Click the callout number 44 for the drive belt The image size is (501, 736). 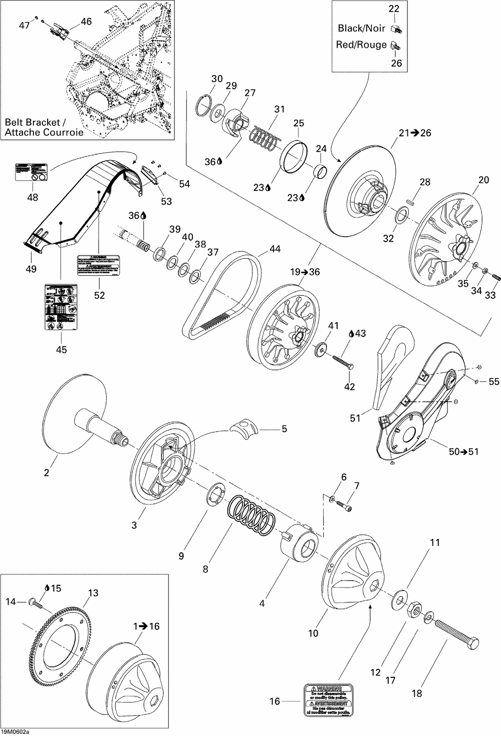pos(275,249)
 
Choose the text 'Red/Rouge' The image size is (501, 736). pos(361,45)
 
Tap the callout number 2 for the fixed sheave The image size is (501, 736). pos(47,472)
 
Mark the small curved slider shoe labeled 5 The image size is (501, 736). pos(243,429)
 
